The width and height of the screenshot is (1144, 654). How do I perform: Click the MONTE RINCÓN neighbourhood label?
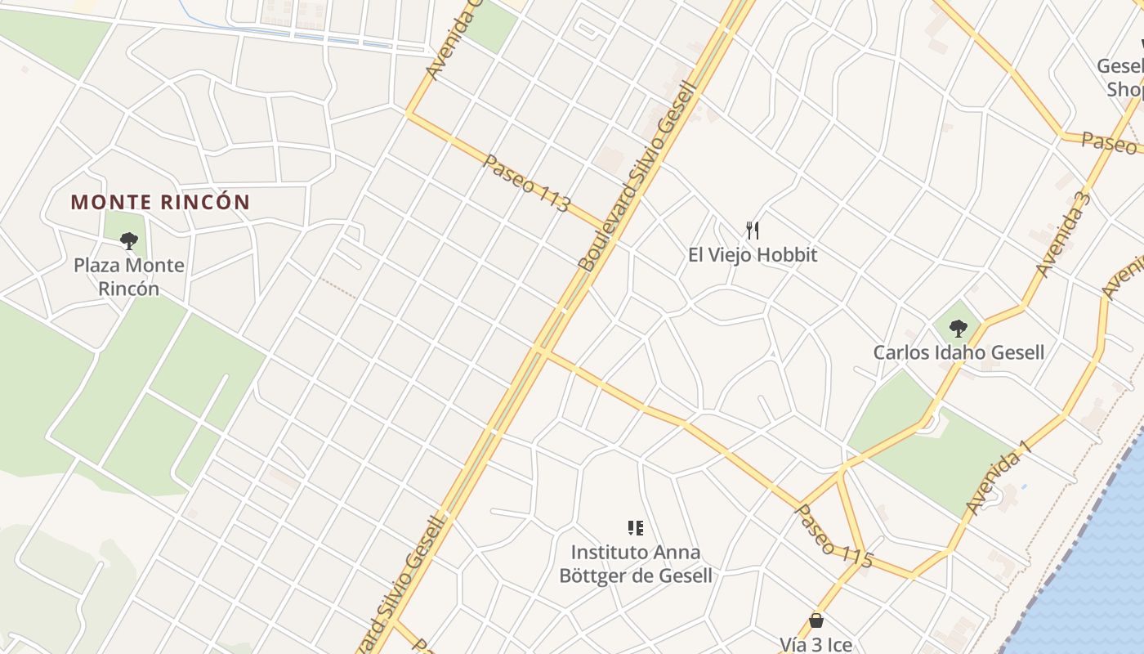pos(160,202)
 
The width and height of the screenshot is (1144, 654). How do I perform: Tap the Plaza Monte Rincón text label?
pos(129,276)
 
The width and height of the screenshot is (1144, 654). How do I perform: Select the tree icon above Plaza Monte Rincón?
pos(129,240)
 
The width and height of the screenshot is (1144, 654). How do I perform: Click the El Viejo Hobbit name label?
pos(752,255)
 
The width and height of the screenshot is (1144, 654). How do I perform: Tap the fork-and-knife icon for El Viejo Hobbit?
pos(753,231)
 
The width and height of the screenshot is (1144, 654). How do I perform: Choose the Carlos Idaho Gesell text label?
pos(959,353)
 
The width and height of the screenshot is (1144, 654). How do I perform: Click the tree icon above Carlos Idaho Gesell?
pos(959,329)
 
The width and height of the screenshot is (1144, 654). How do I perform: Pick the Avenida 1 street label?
pos(999,477)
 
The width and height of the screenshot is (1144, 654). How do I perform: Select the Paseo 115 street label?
pos(833,536)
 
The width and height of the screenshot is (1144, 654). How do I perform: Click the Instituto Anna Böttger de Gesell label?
pos(635,564)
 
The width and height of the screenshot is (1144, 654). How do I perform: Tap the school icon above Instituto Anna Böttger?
pos(635,528)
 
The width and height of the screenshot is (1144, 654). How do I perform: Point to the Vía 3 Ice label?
pos(816,645)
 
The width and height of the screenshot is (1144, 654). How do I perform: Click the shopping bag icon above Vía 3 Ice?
pos(816,620)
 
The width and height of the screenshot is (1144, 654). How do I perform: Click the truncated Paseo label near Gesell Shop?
pos(1109,143)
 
